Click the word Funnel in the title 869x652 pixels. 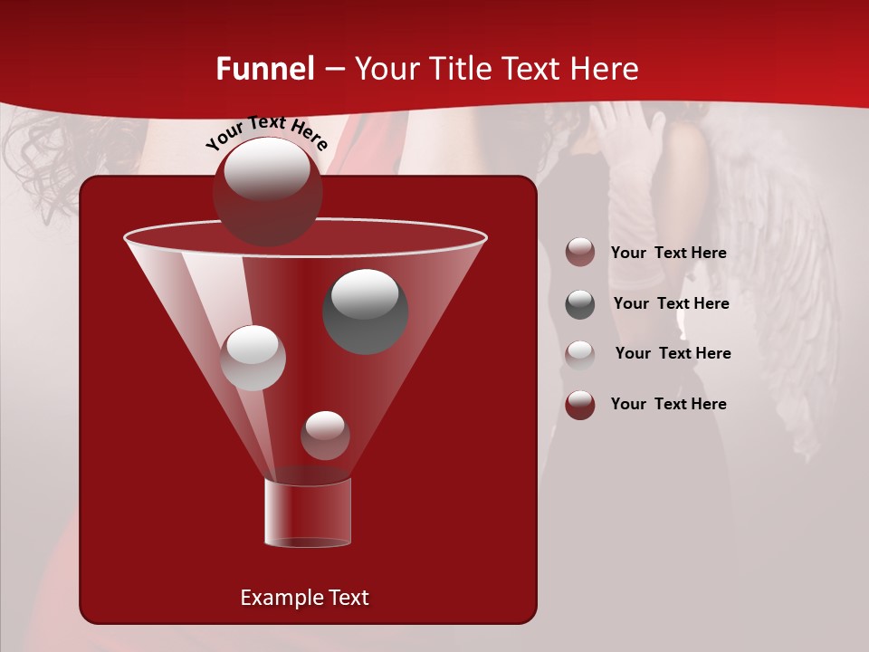click(x=264, y=69)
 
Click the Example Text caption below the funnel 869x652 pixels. click(x=304, y=598)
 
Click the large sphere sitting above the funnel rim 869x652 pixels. click(x=267, y=191)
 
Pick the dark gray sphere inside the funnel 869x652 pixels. click(x=365, y=311)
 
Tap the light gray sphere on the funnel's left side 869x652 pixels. click(x=253, y=358)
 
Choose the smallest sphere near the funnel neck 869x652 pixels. click(x=325, y=435)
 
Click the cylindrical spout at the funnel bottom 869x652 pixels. click(x=308, y=513)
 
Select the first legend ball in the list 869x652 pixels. click(x=580, y=253)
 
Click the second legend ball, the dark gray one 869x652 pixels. click(x=580, y=304)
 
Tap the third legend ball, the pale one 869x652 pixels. click(x=580, y=354)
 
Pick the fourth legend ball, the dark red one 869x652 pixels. click(x=580, y=405)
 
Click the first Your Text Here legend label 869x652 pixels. click(x=668, y=254)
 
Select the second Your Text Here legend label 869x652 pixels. click(x=671, y=304)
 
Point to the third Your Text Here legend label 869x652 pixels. click(x=673, y=354)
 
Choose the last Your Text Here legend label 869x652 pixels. click(x=668, y=405)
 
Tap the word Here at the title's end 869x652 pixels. click(x=598, y=69)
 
